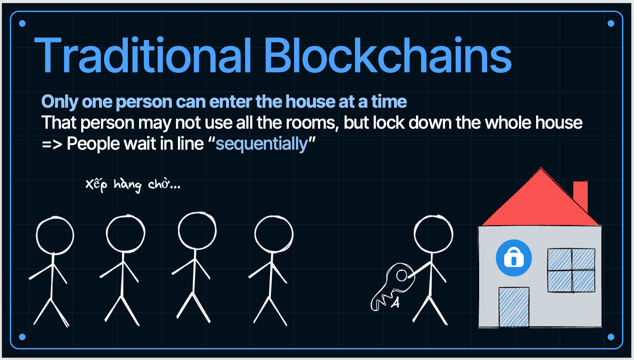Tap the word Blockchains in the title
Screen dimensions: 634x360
[x=388, y=55]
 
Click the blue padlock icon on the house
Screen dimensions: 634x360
[x=514, y=258]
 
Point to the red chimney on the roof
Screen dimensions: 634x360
[x=580, y=196]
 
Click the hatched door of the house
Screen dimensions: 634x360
[x=514, y=307]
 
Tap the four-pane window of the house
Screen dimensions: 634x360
[x=571, y=270]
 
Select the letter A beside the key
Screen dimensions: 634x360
[x=395, y=302]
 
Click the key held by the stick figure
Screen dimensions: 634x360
[x=394, y=286]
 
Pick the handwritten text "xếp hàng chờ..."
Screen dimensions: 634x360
[x=133, y=185]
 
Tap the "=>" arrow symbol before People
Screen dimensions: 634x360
[x=52, y=144]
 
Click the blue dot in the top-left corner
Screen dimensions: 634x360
[x=23, y=23]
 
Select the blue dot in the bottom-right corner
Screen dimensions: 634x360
[x=611, y=337]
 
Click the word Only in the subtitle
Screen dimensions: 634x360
[x=60, y=102]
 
